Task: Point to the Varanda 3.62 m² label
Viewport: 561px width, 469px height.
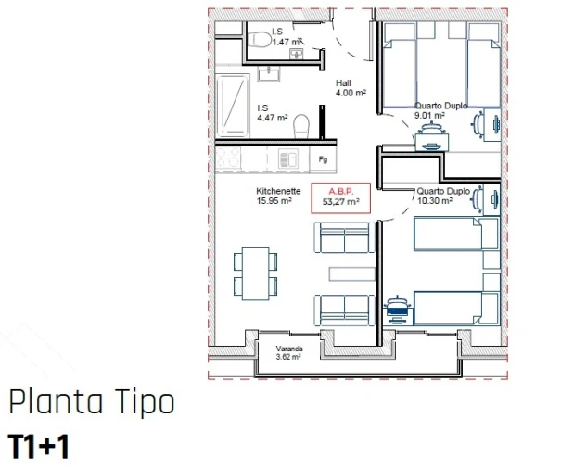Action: point(290,351)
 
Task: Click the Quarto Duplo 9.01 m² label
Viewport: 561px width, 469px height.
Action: point(440,111)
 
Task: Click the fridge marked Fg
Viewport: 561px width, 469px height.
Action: point(324,159)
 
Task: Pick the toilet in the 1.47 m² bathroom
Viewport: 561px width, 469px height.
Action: point(258,38)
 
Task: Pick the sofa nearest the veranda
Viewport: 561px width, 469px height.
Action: point(344,307)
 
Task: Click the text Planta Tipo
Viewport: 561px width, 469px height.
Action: point(90,403)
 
